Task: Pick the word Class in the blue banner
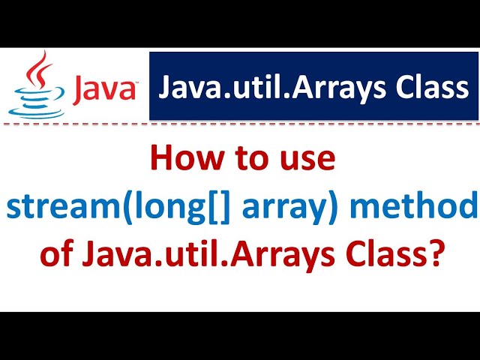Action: (x=434, y=88)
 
